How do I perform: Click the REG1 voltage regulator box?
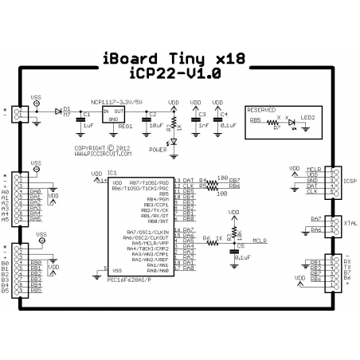120,117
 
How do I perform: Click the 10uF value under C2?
157,125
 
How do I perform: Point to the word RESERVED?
262,110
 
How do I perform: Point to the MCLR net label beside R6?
259,239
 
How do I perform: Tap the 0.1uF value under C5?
241,258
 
